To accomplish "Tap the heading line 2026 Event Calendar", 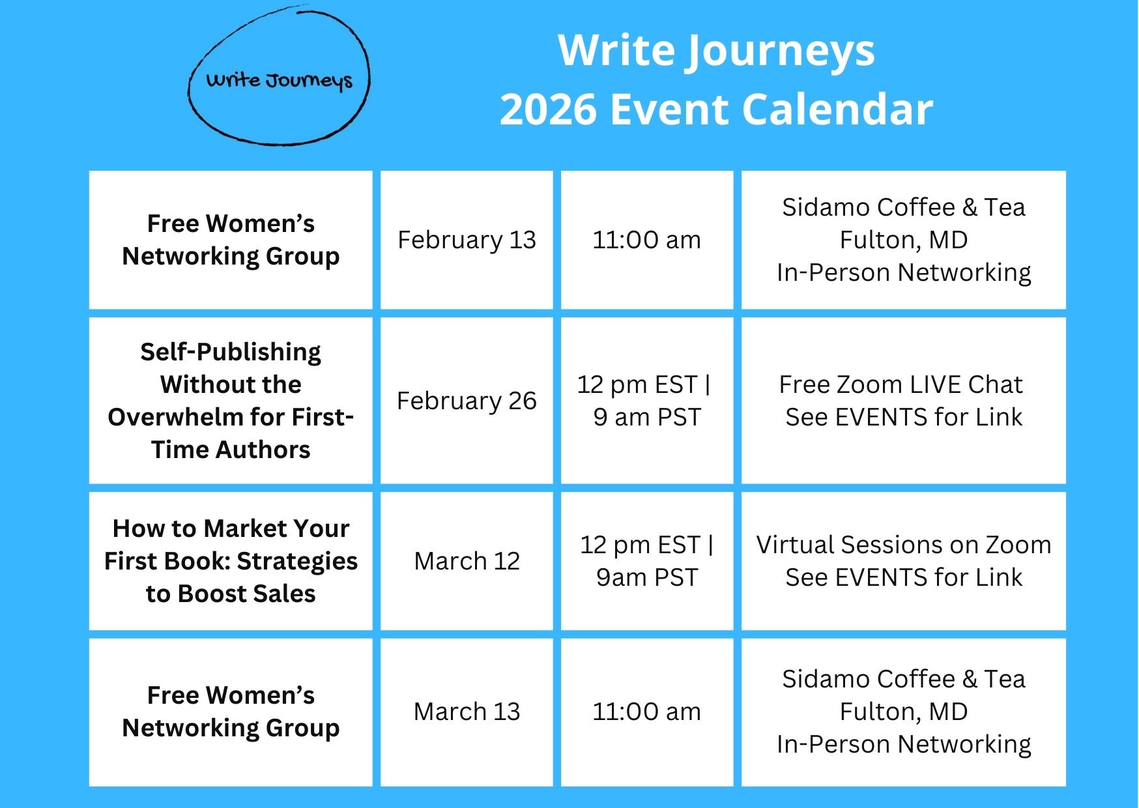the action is (x=716, y=109).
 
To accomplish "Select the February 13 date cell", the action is (x=467, y=240).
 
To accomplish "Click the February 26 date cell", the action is (x=467, y=401).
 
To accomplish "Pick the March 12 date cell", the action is (x=467, y=561).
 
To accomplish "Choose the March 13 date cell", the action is (x=467, y=712).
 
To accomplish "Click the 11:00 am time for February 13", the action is (x=646, y=240).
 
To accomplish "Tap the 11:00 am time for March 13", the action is (x=646, y=712).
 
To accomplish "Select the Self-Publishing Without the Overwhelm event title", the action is (x=231, y=401).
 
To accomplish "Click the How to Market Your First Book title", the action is (x=231, y=561).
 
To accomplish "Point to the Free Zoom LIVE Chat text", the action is (x=901, y=384).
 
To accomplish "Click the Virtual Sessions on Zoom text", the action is (x=904, y=545).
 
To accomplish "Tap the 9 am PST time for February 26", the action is (x=646, y=417).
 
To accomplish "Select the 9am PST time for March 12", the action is (x=646, y=577).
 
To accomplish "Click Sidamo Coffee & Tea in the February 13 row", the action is (x=904, y=207).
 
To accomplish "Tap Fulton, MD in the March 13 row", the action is (x=904, y=712).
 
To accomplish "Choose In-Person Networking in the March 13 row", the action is (x=904, y=744).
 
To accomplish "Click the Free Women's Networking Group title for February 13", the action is (x=231, y=240).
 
